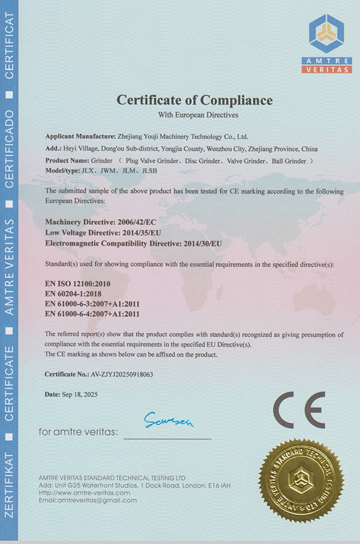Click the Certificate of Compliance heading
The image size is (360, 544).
pos(194,100)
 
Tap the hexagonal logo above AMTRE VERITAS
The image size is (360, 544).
pos(326,34)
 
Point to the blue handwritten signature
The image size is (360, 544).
pos(169,422)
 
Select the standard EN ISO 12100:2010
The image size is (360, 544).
pos(70,282)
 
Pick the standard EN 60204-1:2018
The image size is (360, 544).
pos(67,293)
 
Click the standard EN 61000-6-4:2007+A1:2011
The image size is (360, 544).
pos(92,313)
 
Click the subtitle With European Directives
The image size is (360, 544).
pos(194,114)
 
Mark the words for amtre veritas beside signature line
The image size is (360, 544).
pos(78,432)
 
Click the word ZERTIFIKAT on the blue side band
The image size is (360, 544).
pos(10,498)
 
